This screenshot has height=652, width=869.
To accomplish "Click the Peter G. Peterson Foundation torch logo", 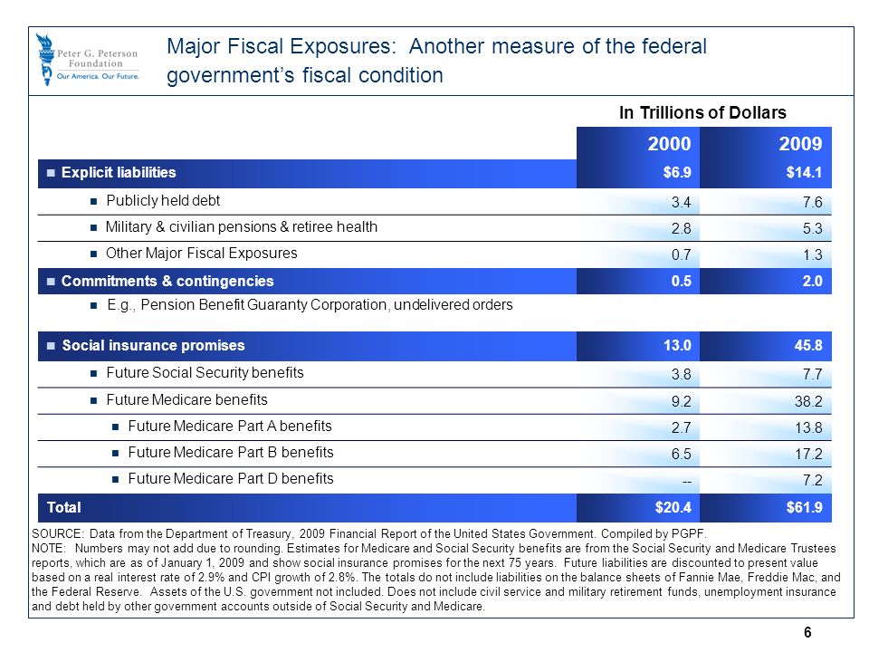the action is point(45,60).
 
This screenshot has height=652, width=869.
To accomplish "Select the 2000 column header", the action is point(670,144).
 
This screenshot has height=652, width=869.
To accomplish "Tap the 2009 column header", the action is point(800,144).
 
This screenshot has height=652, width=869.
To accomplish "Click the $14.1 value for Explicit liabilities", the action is point(804,172).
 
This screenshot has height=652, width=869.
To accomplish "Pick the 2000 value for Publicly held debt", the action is point(681,202).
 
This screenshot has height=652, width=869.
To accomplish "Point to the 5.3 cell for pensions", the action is point(813,228).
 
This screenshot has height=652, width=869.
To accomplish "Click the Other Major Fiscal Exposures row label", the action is point(202,254).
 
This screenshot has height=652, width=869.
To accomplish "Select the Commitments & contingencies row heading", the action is point(167,281).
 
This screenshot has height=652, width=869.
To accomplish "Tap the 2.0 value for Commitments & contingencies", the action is point(813,281).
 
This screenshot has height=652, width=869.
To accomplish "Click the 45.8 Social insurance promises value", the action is point(808,345).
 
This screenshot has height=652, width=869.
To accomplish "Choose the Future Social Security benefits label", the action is point(205,372).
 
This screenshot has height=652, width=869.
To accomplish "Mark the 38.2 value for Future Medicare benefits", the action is point(808,401).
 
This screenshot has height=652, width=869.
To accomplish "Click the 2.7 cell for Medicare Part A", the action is point(681,428).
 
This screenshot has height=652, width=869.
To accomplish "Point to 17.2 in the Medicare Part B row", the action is point(808,454).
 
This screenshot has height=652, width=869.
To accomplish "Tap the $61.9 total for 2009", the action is point(804,507).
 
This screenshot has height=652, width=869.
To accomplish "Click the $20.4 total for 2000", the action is point(673,507).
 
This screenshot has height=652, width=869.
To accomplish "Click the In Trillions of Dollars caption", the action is point(702,112).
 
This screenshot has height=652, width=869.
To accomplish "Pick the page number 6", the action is point(807,632).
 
